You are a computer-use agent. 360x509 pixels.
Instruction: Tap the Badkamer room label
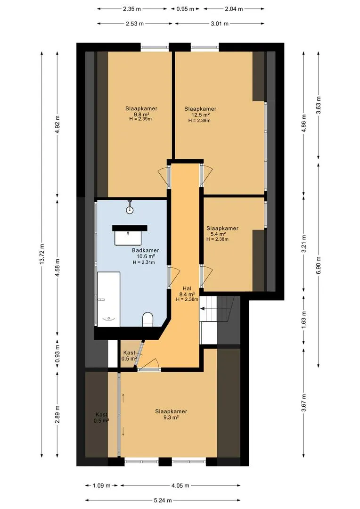(x=146, y=250)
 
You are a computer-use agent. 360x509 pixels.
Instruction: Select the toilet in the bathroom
(x=147, y=320)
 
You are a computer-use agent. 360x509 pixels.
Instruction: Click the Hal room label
(x=187, y=288)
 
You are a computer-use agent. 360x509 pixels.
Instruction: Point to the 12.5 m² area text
(x=201, y=115)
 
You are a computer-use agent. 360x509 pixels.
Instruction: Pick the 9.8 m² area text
(x=141, y=114)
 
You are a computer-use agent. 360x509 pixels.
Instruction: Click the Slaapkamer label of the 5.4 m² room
(x=222, y=228)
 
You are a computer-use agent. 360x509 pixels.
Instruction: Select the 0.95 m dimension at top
(x=185, y=9)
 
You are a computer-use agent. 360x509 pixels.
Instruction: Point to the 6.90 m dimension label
(x=319, y=265)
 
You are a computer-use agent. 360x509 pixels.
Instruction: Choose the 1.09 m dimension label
(x=102, y=485)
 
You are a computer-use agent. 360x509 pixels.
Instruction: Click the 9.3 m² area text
(x=171, y=418)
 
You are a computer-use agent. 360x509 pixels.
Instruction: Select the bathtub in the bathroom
(x=108, y=299)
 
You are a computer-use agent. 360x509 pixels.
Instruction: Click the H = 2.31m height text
(x=144, y=263)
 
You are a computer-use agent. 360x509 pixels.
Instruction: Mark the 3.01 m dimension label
(x=220, y=24)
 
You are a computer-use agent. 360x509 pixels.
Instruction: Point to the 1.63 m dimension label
(x=304, y=320)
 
